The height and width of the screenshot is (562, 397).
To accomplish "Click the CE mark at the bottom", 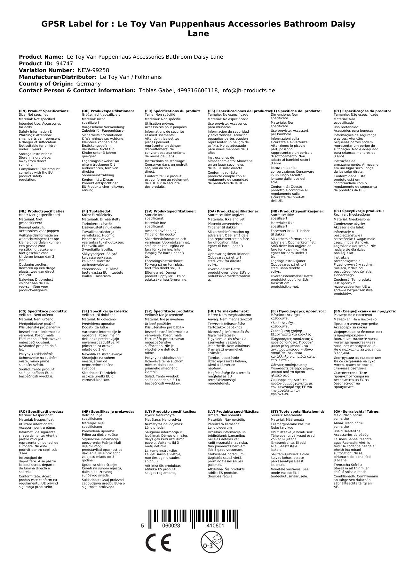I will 158,542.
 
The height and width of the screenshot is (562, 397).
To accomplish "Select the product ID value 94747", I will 64,63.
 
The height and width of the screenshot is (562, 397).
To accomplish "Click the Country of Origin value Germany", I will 89,84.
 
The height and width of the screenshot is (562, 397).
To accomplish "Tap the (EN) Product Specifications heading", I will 44,111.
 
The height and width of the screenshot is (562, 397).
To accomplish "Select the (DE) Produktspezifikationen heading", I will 108,111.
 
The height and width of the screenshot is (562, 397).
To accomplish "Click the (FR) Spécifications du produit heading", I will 172,111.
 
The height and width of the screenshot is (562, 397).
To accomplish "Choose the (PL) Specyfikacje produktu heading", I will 359,211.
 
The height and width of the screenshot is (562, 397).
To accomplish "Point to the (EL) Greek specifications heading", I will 298,311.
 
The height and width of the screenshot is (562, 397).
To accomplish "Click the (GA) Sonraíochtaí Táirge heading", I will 356,411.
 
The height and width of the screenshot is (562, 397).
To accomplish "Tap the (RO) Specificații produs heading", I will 41,411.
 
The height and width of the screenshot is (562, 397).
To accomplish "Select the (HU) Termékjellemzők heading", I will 228,311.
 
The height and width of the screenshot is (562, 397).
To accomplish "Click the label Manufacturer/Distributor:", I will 58,77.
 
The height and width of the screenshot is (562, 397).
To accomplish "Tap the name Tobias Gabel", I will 156,90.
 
